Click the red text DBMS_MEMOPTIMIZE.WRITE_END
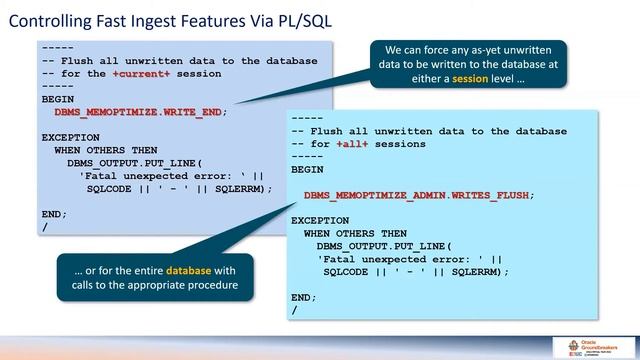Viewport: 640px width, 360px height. tap(132, 112)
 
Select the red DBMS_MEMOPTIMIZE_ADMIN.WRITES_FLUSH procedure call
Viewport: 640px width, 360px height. tap(418, 195)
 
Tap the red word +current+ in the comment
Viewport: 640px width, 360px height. tap(140, 74)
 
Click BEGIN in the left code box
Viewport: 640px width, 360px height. tap(57, 99)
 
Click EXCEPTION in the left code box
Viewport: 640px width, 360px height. tap(70, 137)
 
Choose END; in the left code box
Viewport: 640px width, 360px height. tap(54, 213)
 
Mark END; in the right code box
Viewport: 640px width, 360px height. tap(304, 297)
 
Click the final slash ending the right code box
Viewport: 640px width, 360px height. tap(294, 310)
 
